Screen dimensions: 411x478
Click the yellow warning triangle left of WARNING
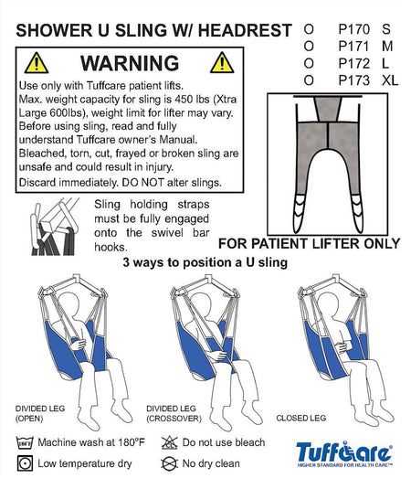point(37,63)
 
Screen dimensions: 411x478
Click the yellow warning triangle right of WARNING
point(222,63)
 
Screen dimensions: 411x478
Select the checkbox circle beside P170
point(309,29)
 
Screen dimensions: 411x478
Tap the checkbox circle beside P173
point(309,80)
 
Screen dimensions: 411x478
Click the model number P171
point(353,47)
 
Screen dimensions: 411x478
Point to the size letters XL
point(390,80)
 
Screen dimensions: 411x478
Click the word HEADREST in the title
point(245,30)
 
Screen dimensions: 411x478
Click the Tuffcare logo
point(344,454)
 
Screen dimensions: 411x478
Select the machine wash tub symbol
point(25,442)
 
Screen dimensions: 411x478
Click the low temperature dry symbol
point(25,463)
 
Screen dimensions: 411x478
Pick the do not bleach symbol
point(169,442)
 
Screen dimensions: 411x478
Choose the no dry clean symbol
point(169,463)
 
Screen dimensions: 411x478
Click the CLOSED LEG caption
point(301,418)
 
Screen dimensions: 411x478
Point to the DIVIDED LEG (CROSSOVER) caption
point(174,413)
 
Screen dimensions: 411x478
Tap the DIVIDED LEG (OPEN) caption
point(40,413)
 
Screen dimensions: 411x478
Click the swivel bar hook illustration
point(55,227)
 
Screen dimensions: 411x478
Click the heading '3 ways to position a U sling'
point(205,262)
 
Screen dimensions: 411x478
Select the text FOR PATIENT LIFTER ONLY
point(309,244)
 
